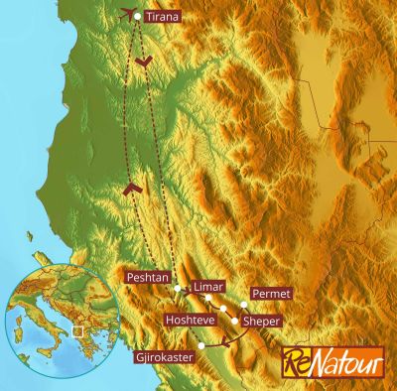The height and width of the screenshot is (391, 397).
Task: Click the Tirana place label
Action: pos(162,17)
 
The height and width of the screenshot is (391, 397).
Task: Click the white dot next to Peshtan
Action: pos(178,288)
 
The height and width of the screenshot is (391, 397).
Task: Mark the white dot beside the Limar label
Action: pos(209,299)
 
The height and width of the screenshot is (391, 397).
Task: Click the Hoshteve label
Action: pos(192,321)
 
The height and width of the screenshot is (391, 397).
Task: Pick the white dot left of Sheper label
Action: pos(235,321)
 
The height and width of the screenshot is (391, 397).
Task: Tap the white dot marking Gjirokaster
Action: pos(201,344)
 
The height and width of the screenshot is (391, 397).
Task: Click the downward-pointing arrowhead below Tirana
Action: pos(144,62)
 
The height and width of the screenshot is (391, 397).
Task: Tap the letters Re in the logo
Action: pos(295,358)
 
